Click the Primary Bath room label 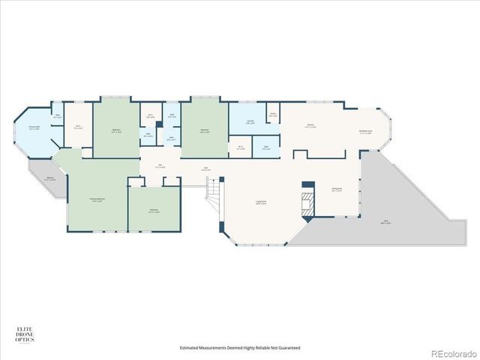pos(34,128)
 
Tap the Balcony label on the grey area pos(50,178)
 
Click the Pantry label pos(274,115)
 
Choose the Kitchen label pos(310,126)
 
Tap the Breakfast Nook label pos(365,133)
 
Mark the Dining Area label pos(337,189)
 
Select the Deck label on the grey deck pos(385,223)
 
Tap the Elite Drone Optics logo pos(25,334)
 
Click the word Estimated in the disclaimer pos(192,347)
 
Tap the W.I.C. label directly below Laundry pos(240,147)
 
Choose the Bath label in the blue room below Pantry pos(266,147)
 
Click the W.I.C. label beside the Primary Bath pos(77,127)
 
